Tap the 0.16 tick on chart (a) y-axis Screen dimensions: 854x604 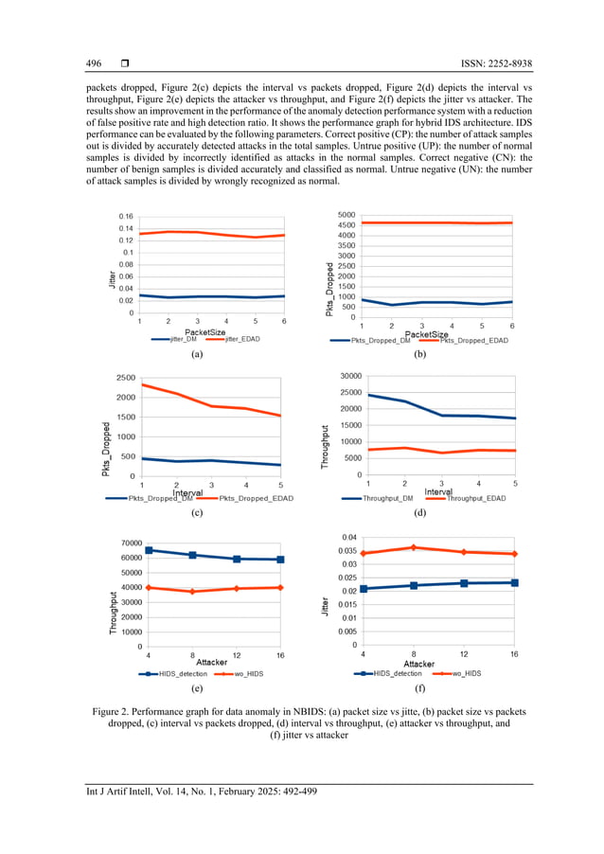126,217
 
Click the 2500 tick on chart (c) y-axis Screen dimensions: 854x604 123,378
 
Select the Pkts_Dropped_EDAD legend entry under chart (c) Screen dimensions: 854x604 257,497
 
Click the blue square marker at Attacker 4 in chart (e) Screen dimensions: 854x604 148,550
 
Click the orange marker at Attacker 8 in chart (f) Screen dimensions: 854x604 413,547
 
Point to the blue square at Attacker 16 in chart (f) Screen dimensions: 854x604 514,582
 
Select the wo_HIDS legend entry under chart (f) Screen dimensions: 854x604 463,673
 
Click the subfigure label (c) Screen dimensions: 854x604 197,512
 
